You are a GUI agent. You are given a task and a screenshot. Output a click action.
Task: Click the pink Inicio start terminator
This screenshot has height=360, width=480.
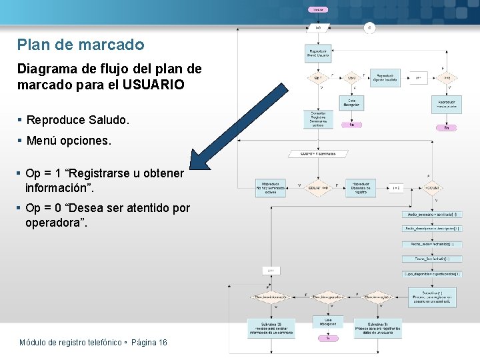318,9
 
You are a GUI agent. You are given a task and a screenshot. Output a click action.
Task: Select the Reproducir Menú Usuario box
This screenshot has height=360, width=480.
318,54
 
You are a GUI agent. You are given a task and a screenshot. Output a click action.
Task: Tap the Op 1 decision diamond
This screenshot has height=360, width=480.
318,77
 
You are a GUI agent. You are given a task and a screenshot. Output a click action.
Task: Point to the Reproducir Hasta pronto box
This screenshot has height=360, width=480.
446,105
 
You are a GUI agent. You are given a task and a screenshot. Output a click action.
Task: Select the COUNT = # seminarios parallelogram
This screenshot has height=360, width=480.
318,153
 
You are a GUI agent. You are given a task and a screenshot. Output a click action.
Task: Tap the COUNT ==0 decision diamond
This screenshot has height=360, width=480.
318,188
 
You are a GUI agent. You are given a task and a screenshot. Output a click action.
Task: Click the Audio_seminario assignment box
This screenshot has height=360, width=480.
431,214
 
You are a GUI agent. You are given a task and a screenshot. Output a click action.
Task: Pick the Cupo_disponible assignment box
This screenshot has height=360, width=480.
431,273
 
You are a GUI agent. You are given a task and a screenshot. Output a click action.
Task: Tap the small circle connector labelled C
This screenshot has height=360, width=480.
370,27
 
